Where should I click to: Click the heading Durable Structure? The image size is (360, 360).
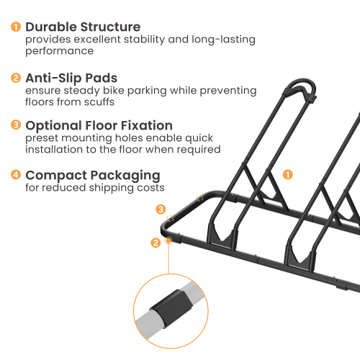83,27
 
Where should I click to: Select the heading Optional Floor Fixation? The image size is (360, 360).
99,125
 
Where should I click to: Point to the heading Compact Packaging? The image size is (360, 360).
93,175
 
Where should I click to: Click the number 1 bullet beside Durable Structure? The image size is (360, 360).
15,27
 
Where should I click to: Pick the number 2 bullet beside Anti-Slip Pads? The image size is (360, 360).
15,78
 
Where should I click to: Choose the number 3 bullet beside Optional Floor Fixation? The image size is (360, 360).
15,125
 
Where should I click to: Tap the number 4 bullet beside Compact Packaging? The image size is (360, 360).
15,175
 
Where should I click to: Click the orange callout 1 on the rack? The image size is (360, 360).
287,174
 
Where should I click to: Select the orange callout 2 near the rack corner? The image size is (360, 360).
156,243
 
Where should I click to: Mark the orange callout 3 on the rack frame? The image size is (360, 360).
161,209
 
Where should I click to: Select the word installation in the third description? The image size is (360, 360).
58,150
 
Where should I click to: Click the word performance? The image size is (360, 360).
60,52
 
